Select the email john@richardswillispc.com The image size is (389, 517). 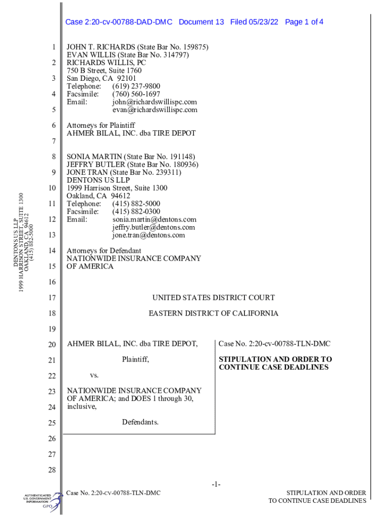click(155, 102)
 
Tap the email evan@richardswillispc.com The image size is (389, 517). click(155, 110)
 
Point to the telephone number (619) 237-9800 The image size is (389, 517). click(136, 86)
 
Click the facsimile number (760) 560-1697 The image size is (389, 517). click(136, 94)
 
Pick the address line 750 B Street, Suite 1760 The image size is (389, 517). click(104, 71)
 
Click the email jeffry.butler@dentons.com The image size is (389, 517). click(154, 227)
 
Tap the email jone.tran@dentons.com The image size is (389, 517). click(149, 235)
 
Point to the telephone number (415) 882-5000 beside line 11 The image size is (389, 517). click(136, 204)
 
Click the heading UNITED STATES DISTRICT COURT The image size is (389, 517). click(214, 298)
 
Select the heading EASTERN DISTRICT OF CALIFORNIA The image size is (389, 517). click(213, 314)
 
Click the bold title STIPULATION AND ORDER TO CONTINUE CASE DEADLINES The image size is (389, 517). click(275, 364)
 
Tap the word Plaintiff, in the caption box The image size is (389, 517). click(136, 360)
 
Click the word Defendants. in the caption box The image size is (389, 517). click(140, 422)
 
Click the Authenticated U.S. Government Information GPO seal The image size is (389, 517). click(42, 501)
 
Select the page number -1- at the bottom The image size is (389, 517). click(216, 485)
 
